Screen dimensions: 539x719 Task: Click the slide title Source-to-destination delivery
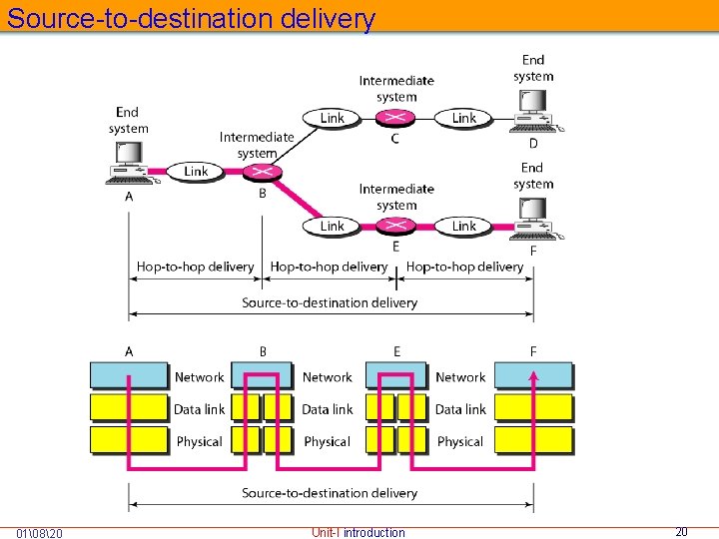(191, 18)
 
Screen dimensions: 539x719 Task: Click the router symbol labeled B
(263, 172)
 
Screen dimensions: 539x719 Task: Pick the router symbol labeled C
(396, 118)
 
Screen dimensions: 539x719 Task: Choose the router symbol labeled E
(396, 227)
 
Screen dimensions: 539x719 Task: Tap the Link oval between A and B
(197, 172)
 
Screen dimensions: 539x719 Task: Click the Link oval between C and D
(464, 118)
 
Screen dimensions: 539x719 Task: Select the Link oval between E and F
(464, 227)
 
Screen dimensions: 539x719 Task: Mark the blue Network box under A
(130, 375)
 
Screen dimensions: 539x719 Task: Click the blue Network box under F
(534, 375)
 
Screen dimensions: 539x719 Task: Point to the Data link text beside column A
(199, 409)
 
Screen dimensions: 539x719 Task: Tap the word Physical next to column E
(460, 441)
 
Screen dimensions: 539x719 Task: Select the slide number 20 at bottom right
(681, 532)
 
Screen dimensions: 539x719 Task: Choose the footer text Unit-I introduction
(359, 532)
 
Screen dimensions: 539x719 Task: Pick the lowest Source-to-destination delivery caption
(330, 493)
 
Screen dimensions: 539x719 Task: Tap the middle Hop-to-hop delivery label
(329, 267)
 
